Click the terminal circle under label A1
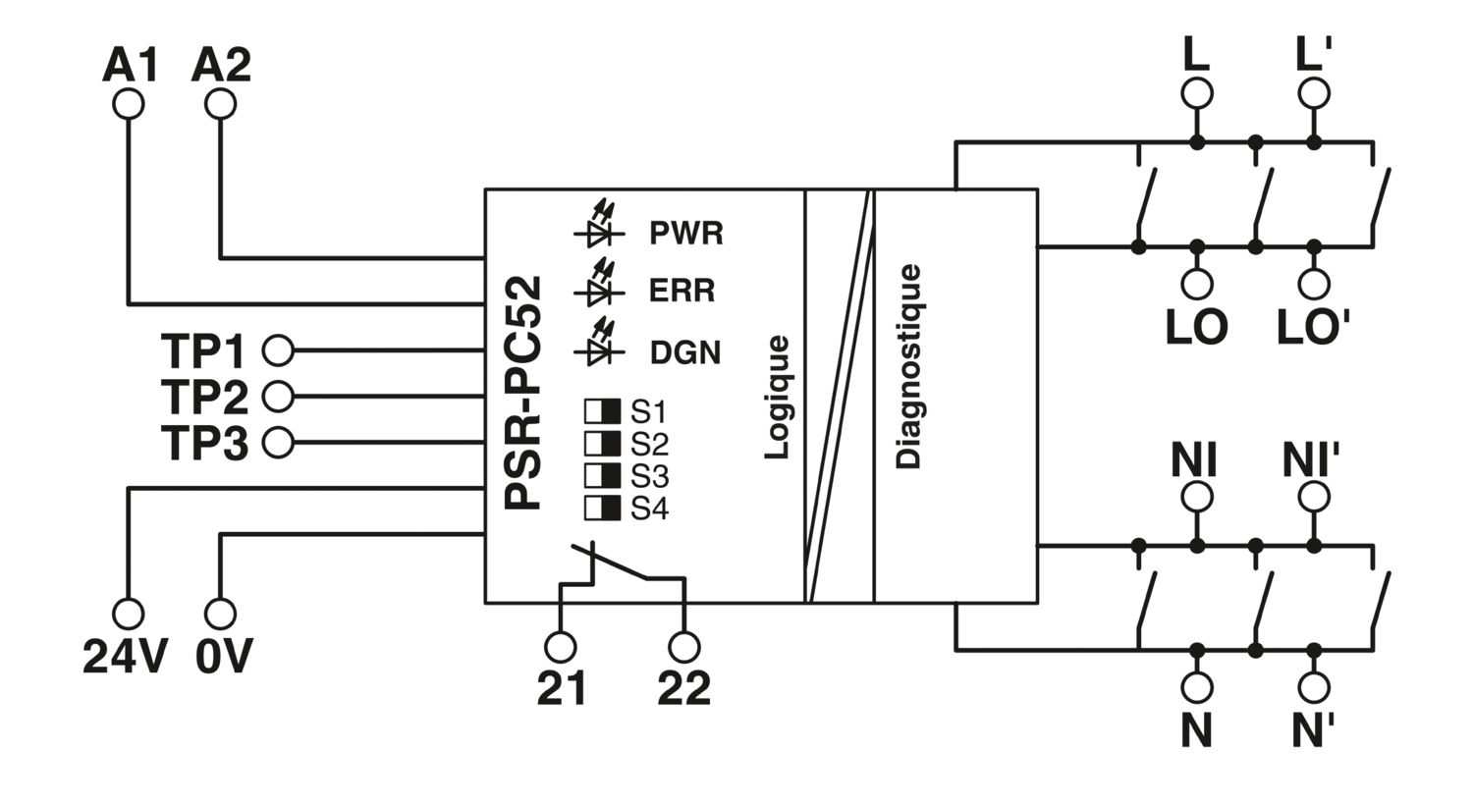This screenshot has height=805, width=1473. click(x=129, y=104)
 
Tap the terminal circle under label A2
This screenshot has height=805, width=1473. click(x=220, y=104)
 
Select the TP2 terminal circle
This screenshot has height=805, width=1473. click(x=278, y=397)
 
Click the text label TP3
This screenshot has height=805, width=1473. click(x=204, y=444)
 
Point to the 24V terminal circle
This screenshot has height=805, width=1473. click(x=129, y=614)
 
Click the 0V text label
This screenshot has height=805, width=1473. click(x=224, y=656)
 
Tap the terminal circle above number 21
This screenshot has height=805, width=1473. click(x=561, y=647)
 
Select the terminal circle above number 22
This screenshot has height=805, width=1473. click(x=683, y=647)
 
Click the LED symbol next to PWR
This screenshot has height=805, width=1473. click(x=599, y=226)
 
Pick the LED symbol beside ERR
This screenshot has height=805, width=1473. click(x=599, y=284)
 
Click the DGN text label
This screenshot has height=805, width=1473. click(x=685, y=352)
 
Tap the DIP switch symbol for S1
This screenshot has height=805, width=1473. click(x=602, y=410)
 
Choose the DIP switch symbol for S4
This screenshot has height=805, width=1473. click(x=602, y=508)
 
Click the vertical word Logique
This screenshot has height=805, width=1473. click(x=777, y=398)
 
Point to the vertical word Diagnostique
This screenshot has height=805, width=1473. click(x=908, y=366)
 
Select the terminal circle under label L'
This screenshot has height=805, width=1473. click(x=1314, y=92)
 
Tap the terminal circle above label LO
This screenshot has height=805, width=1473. click(x=1197, y=285)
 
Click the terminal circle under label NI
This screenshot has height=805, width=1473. click(x=1197, y=497)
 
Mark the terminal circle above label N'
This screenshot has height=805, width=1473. click(x=1314, y=687)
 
